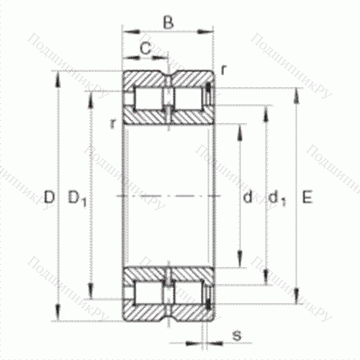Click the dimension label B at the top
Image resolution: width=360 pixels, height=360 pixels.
168,22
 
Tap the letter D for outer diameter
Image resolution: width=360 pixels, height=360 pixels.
48,196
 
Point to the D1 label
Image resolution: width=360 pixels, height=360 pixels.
77,196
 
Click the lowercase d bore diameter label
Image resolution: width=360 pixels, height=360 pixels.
247,196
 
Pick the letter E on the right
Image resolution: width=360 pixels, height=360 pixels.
307,196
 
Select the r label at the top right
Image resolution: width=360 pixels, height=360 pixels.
224,70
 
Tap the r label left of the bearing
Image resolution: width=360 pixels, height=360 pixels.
114,124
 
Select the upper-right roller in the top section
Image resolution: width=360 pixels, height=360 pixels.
189,97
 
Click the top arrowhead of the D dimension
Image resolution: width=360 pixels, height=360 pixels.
57,75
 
